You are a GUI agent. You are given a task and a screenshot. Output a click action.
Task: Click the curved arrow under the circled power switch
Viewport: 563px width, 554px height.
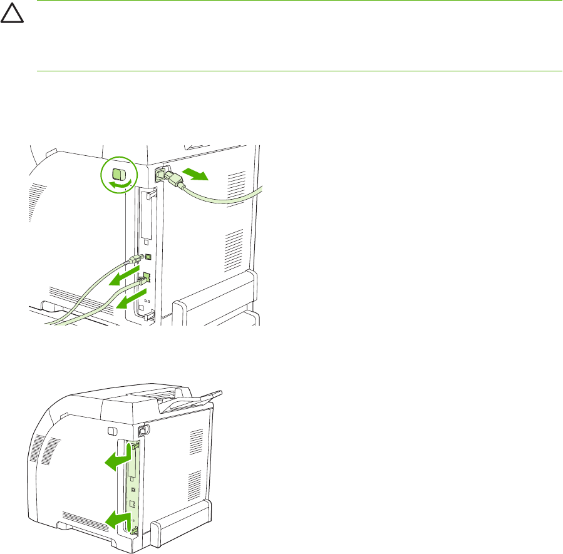(x=120, y=183)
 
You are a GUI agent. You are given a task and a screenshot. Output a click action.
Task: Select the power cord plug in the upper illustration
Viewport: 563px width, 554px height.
(x=173, y=179)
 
